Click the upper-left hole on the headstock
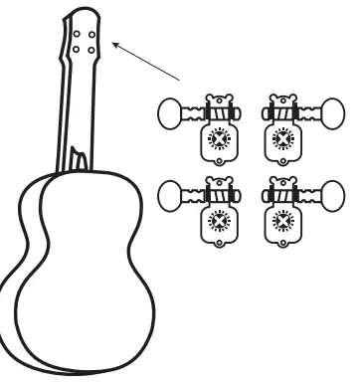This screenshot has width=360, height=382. point(78,32)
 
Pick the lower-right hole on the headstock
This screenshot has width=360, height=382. point(90,46)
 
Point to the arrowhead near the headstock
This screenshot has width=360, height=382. point(113,44)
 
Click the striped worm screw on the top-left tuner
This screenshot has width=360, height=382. point(216,112)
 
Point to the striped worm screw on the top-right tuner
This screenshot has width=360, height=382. point(283,112)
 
